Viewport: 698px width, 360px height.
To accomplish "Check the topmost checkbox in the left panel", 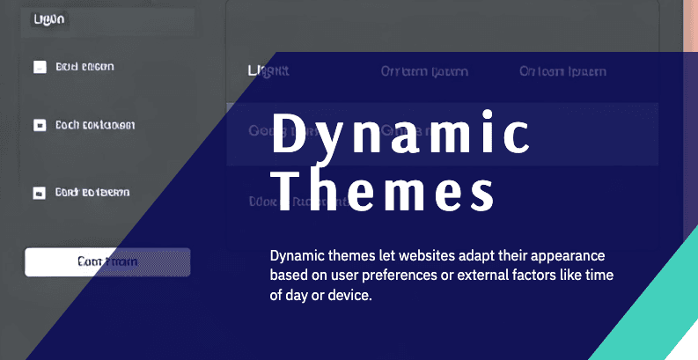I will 40,67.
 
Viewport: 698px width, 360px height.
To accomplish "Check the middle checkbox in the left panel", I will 40,125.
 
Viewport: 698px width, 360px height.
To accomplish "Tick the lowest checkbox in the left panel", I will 40,192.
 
